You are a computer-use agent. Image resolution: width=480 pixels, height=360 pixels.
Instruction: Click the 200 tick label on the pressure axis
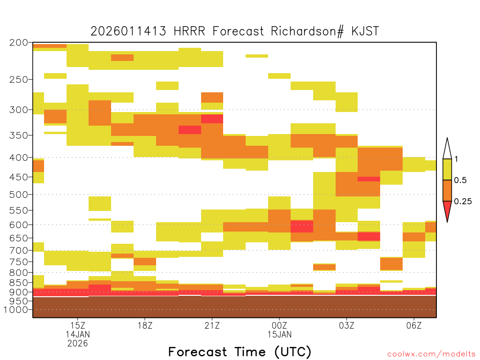[x=18, y=43]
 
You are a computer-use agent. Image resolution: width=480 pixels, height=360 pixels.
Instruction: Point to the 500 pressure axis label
[x=18, y=195]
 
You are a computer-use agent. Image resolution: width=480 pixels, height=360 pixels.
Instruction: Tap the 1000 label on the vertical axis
[x=15, y=309]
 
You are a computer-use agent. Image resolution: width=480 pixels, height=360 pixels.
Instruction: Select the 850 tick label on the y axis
[x=18, y=282]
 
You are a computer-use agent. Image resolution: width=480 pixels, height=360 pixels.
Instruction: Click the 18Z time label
[x=145, y=325]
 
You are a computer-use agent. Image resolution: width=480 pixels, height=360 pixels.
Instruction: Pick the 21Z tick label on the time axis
[x=212, y=325]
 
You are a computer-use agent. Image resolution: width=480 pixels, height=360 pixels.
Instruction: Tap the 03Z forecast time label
[x=346, y=325]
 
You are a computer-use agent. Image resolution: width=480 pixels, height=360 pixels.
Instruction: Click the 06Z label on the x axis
[x=414, y=325]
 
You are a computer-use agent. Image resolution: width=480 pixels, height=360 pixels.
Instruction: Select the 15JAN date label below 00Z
[x=279, y=334]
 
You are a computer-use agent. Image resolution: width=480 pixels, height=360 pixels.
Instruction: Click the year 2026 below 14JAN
[x=78, y=343]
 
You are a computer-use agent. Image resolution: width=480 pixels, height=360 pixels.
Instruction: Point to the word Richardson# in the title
[x=307, y=31]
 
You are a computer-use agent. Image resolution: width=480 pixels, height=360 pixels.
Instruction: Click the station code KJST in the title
[x=365, y=31]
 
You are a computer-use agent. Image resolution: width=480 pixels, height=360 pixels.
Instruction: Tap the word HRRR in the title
[x=189, y=31]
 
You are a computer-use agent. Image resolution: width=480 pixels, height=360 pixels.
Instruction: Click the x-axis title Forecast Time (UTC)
[x=240, y=352]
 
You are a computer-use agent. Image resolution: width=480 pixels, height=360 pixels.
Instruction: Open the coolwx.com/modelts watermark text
[x=431, y=354]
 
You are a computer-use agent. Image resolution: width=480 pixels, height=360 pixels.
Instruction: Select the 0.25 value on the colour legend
[x=463, y=201]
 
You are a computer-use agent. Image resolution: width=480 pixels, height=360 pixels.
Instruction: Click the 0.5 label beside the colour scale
[x=460, y=180]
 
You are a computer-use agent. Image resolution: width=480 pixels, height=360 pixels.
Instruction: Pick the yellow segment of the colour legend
[x=447, y=169]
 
